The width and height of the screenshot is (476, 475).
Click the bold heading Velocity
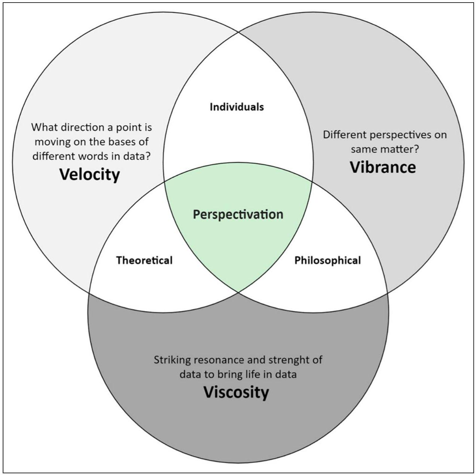point(90,174)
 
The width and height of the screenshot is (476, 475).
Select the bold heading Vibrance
point(383,167)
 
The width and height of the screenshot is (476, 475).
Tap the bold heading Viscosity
point(236,392)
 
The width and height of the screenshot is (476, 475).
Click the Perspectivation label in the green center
point(238,215)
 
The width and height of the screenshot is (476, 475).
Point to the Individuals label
point(237,107)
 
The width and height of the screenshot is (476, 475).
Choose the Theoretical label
point(144,260)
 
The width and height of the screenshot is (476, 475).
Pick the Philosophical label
point(327,260)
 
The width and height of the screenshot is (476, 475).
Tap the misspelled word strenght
point(289,360)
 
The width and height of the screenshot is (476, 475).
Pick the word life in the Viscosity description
point(255,374)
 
